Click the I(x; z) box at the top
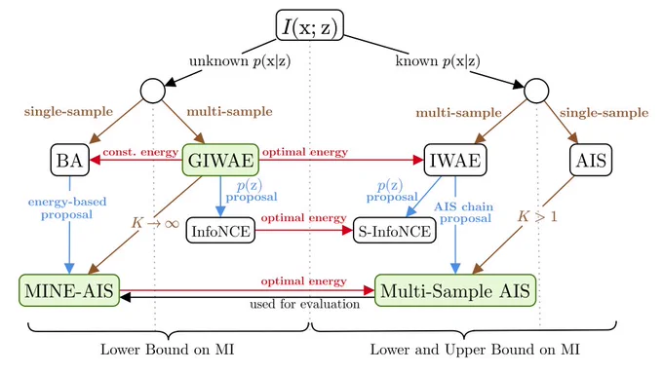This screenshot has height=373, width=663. pyautogui.click(x=309, y=25)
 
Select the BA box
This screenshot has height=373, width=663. pyautogui.click(x=70, y=160)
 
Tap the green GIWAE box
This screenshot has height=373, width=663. pyautogui.click(x=220, y=160)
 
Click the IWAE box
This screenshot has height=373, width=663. pyautogui.click(x=455, y=160)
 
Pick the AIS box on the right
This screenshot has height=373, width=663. pyautogui.click(x=591, y=160)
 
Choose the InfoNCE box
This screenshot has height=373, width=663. pyautogui.click(x=220, y=231)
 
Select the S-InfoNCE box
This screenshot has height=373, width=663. pyautogui.click(x=394, y=231)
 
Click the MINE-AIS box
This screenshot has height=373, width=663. pyautogui.click(x=69, y=290)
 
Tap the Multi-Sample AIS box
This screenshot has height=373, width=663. pyautogui.click(x=455, y=290)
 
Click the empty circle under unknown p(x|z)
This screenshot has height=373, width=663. pyautogui.click(x=153, y=91)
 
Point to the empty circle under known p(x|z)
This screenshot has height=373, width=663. pyautogui.click(x=536, y=91)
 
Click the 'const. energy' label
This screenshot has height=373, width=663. pyautogui.click(x=140, y=152)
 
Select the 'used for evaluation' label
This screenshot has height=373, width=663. pyautogui.click(x=304, y=304)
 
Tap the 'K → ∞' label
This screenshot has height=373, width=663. pyautogui.click(x=155, y=223)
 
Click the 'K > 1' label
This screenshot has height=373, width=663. pyautogui.click(x=537, y=217)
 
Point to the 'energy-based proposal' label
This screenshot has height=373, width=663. pyautogui.click(x=67, y=208)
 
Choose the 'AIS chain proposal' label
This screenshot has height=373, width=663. pyautogui.click(x=464, y=212)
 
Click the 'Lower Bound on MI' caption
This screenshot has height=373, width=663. pyautogui.click(x=167, y=350)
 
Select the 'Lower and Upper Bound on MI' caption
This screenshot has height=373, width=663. pyautogui.click(x=475, y=350)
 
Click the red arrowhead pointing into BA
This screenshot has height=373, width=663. pyautogui.click(x=96, y=160)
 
